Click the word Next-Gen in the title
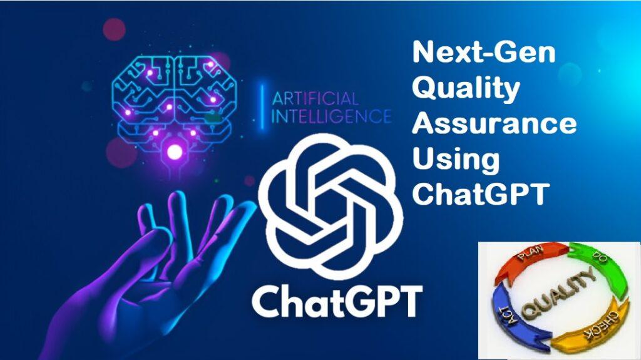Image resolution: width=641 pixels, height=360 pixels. click(x=485, y=53)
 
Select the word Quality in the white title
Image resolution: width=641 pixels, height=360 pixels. click(x=466, y=89)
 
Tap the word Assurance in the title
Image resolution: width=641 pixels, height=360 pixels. click(x=495, y=123)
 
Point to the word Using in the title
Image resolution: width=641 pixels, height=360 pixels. click(x=456, y=160)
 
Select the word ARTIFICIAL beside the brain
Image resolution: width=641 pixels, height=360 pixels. click(x=315, y=98)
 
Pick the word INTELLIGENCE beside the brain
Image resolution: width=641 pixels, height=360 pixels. click(x=331, y=116)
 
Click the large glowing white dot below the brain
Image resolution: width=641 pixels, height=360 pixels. click(x=175, y=152)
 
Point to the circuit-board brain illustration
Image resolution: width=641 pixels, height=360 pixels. click(x=175, y=106)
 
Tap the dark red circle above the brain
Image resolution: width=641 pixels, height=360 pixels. click(x=114, y=29)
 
